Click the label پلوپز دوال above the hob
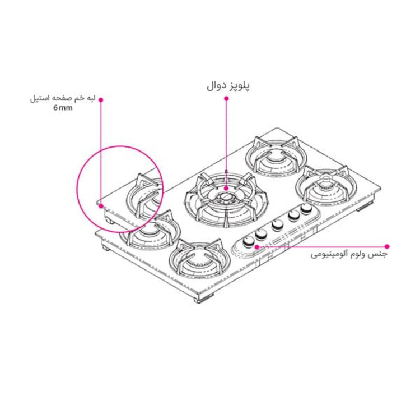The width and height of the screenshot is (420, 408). (x=228, y=86)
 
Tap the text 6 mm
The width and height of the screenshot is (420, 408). (x=63, y=108)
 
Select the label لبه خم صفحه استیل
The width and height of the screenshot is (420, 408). (x=63, y=99)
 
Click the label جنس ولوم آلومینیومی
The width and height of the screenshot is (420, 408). (x=349, y=254)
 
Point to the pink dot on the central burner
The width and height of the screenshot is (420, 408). (x=227, y=188)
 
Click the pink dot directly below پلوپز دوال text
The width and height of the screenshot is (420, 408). (x=227, y=99)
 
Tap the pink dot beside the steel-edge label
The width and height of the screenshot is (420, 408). (x=101, y=99)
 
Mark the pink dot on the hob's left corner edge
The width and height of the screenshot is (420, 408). (x=101, y=206)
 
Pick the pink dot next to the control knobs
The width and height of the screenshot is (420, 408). (x=256, y=247)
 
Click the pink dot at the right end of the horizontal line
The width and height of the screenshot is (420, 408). (x=387, y=246)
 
